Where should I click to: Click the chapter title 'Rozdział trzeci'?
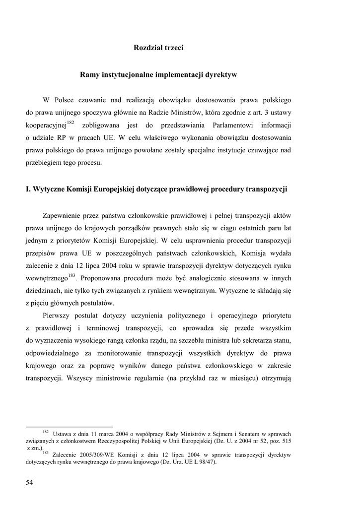click(x=158, y=48)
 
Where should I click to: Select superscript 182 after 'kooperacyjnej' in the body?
click(x=71, y=122)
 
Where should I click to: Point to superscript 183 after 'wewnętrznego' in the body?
click(x=72, y=275)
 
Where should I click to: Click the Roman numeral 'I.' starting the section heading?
click(x=28, y=189)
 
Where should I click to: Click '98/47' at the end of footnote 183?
click(x=206, y=461)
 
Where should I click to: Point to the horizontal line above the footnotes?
click(x=69, y=426)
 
